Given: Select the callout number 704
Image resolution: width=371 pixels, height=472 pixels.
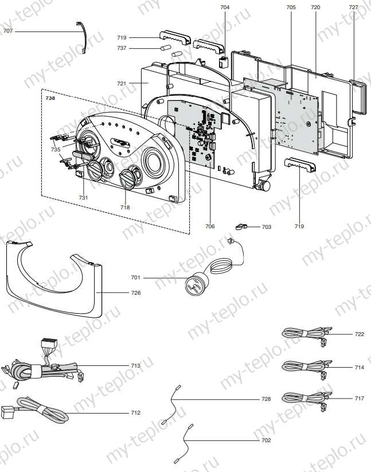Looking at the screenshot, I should [224, 7].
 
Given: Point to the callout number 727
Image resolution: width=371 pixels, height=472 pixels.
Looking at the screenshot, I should [353, 7].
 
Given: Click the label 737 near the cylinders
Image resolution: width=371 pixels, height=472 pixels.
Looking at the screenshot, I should [121, 48].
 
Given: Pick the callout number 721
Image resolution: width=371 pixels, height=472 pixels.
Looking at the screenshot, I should [122, 84].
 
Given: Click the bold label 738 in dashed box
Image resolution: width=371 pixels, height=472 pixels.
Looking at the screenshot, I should [50, 98].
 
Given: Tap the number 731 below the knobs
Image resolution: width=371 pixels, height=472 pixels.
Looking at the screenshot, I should [84, 197].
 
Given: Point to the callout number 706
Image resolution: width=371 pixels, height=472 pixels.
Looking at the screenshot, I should [210, 227].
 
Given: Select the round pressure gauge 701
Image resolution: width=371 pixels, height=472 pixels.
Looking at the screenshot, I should [196, 283].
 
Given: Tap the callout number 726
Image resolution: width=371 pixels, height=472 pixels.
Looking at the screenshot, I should [135, 292].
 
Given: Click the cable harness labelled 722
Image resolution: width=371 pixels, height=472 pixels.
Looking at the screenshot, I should [304, 334].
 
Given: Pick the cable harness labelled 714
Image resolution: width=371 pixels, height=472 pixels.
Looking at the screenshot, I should [304, 366].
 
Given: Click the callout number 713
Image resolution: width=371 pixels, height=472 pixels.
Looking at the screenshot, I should [135, 365].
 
